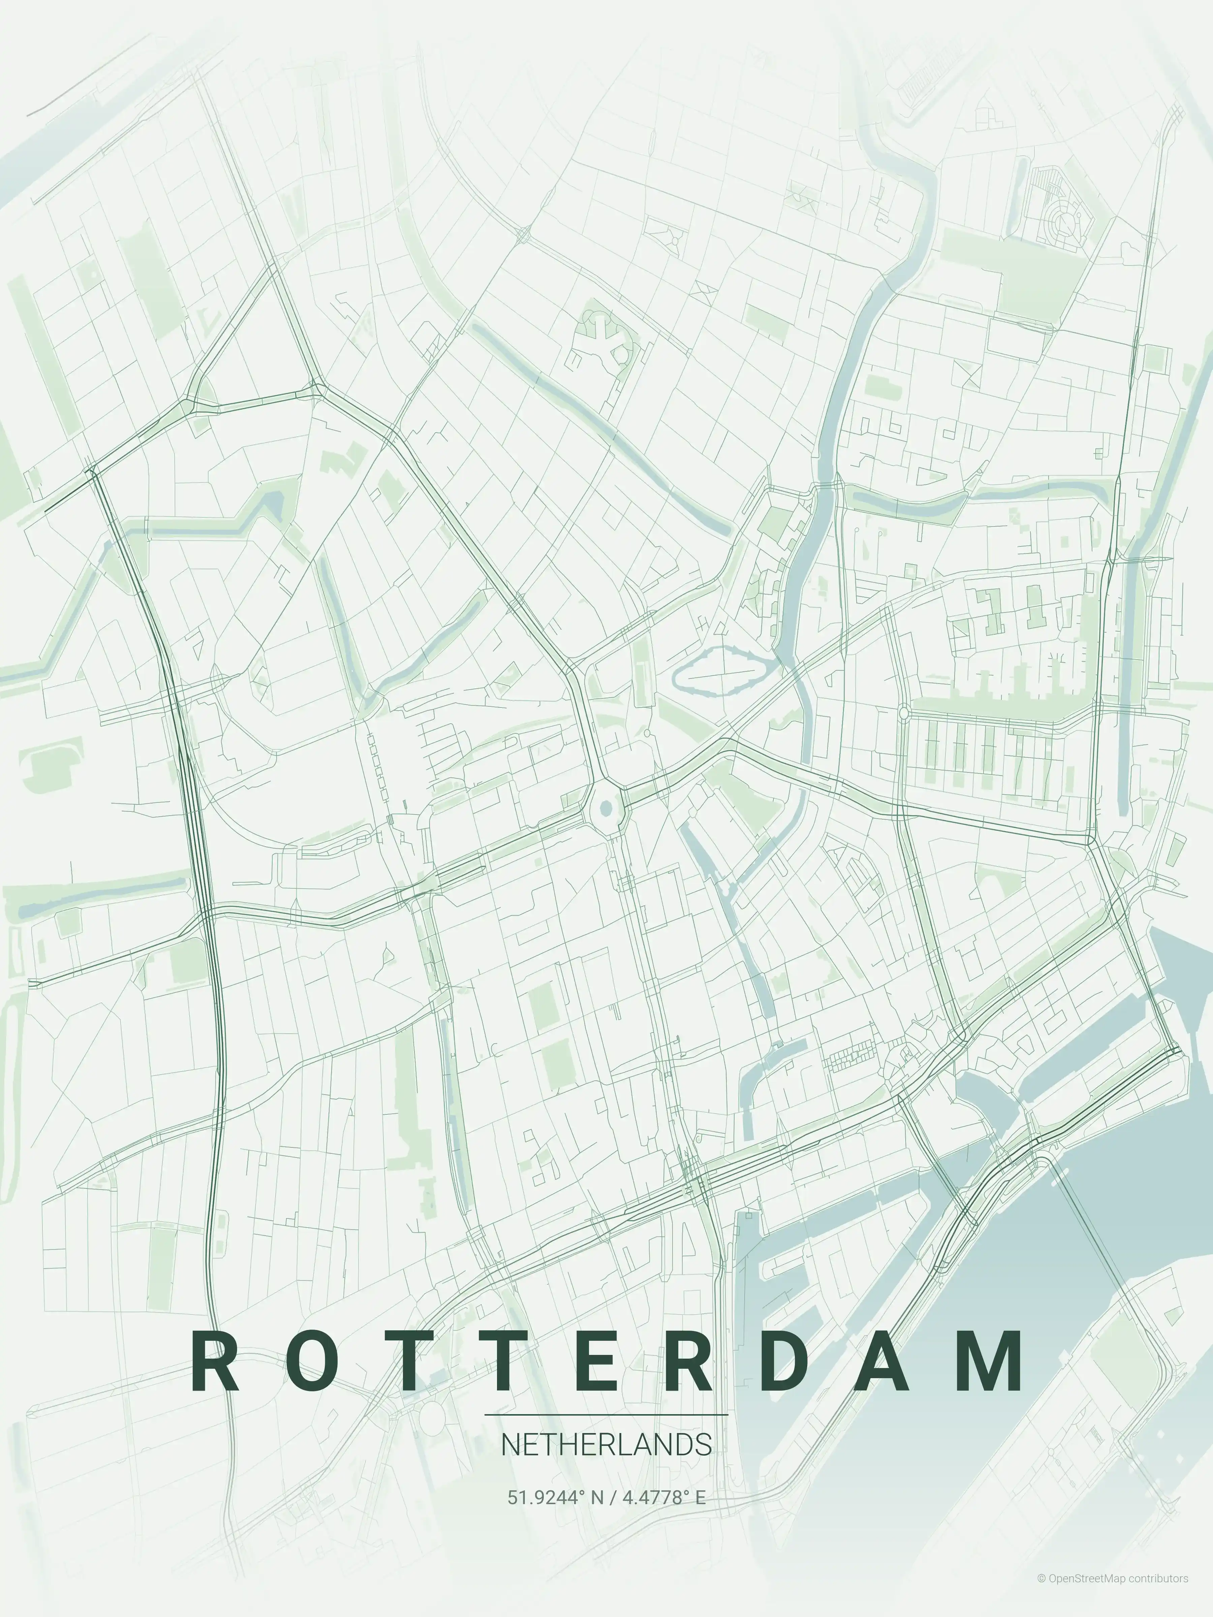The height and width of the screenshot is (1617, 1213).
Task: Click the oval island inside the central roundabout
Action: click(605, 808)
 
